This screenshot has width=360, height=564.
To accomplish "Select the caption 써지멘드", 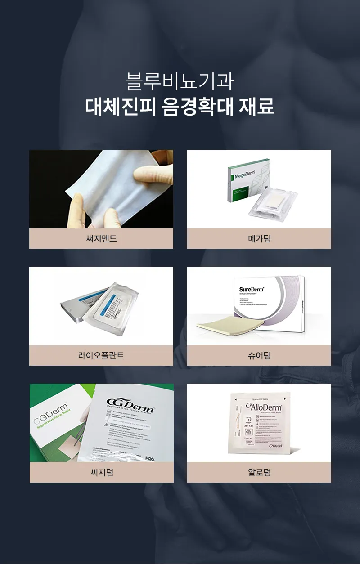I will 101,239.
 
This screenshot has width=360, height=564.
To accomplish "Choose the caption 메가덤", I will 259,239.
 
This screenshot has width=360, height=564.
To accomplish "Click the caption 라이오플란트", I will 101,356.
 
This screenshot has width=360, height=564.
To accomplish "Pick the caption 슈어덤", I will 259,356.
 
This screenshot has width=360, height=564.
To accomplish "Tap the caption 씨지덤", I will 102,473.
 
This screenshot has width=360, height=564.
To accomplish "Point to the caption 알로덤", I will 259,473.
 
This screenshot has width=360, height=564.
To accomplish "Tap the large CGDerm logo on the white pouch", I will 130,403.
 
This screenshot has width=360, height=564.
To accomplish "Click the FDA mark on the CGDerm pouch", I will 163,458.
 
